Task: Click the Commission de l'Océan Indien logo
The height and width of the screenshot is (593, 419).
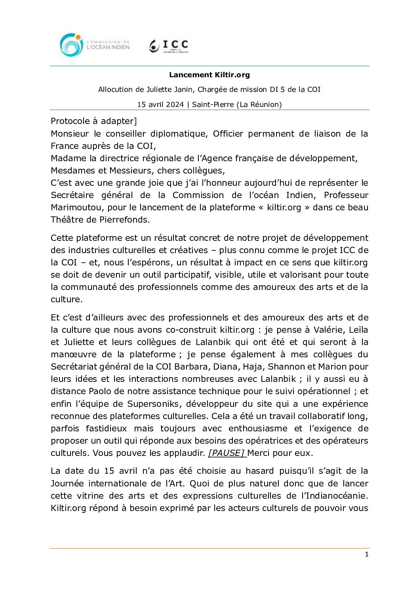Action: point(95,45)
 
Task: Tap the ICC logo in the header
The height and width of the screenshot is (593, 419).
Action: point(169,46)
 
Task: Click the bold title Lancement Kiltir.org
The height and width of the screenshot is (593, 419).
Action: point(209,75)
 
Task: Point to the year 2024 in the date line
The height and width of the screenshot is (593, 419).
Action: point(175,105)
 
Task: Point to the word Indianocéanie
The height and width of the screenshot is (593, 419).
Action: point(334,496)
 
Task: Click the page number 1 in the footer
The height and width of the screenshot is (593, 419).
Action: point(366,555)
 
